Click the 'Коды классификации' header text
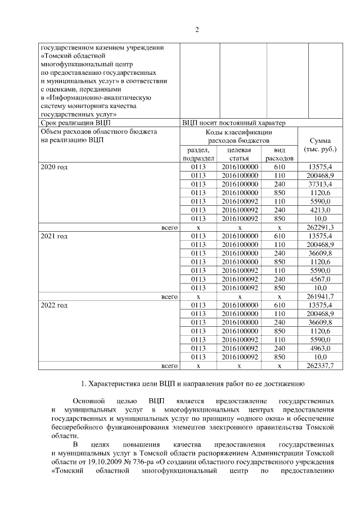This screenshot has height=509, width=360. click(x=239, y=132)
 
